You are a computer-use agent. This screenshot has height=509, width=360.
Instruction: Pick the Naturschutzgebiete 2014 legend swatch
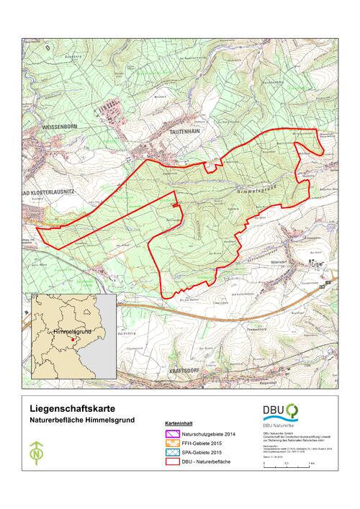click(171, 434)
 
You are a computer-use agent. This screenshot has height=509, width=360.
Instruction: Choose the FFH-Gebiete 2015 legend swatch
click(171, 443)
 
